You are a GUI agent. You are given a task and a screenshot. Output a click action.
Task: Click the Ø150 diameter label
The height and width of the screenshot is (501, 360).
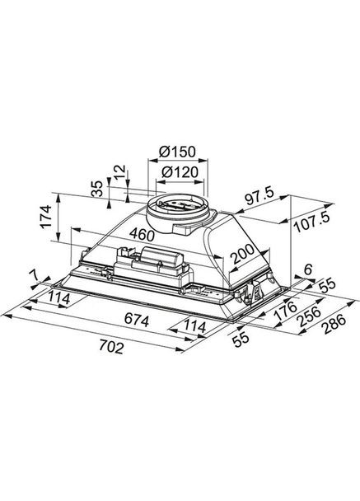(x=178, y=153)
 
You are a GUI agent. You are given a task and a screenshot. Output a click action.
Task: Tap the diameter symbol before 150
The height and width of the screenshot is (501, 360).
(x=164, y=153)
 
